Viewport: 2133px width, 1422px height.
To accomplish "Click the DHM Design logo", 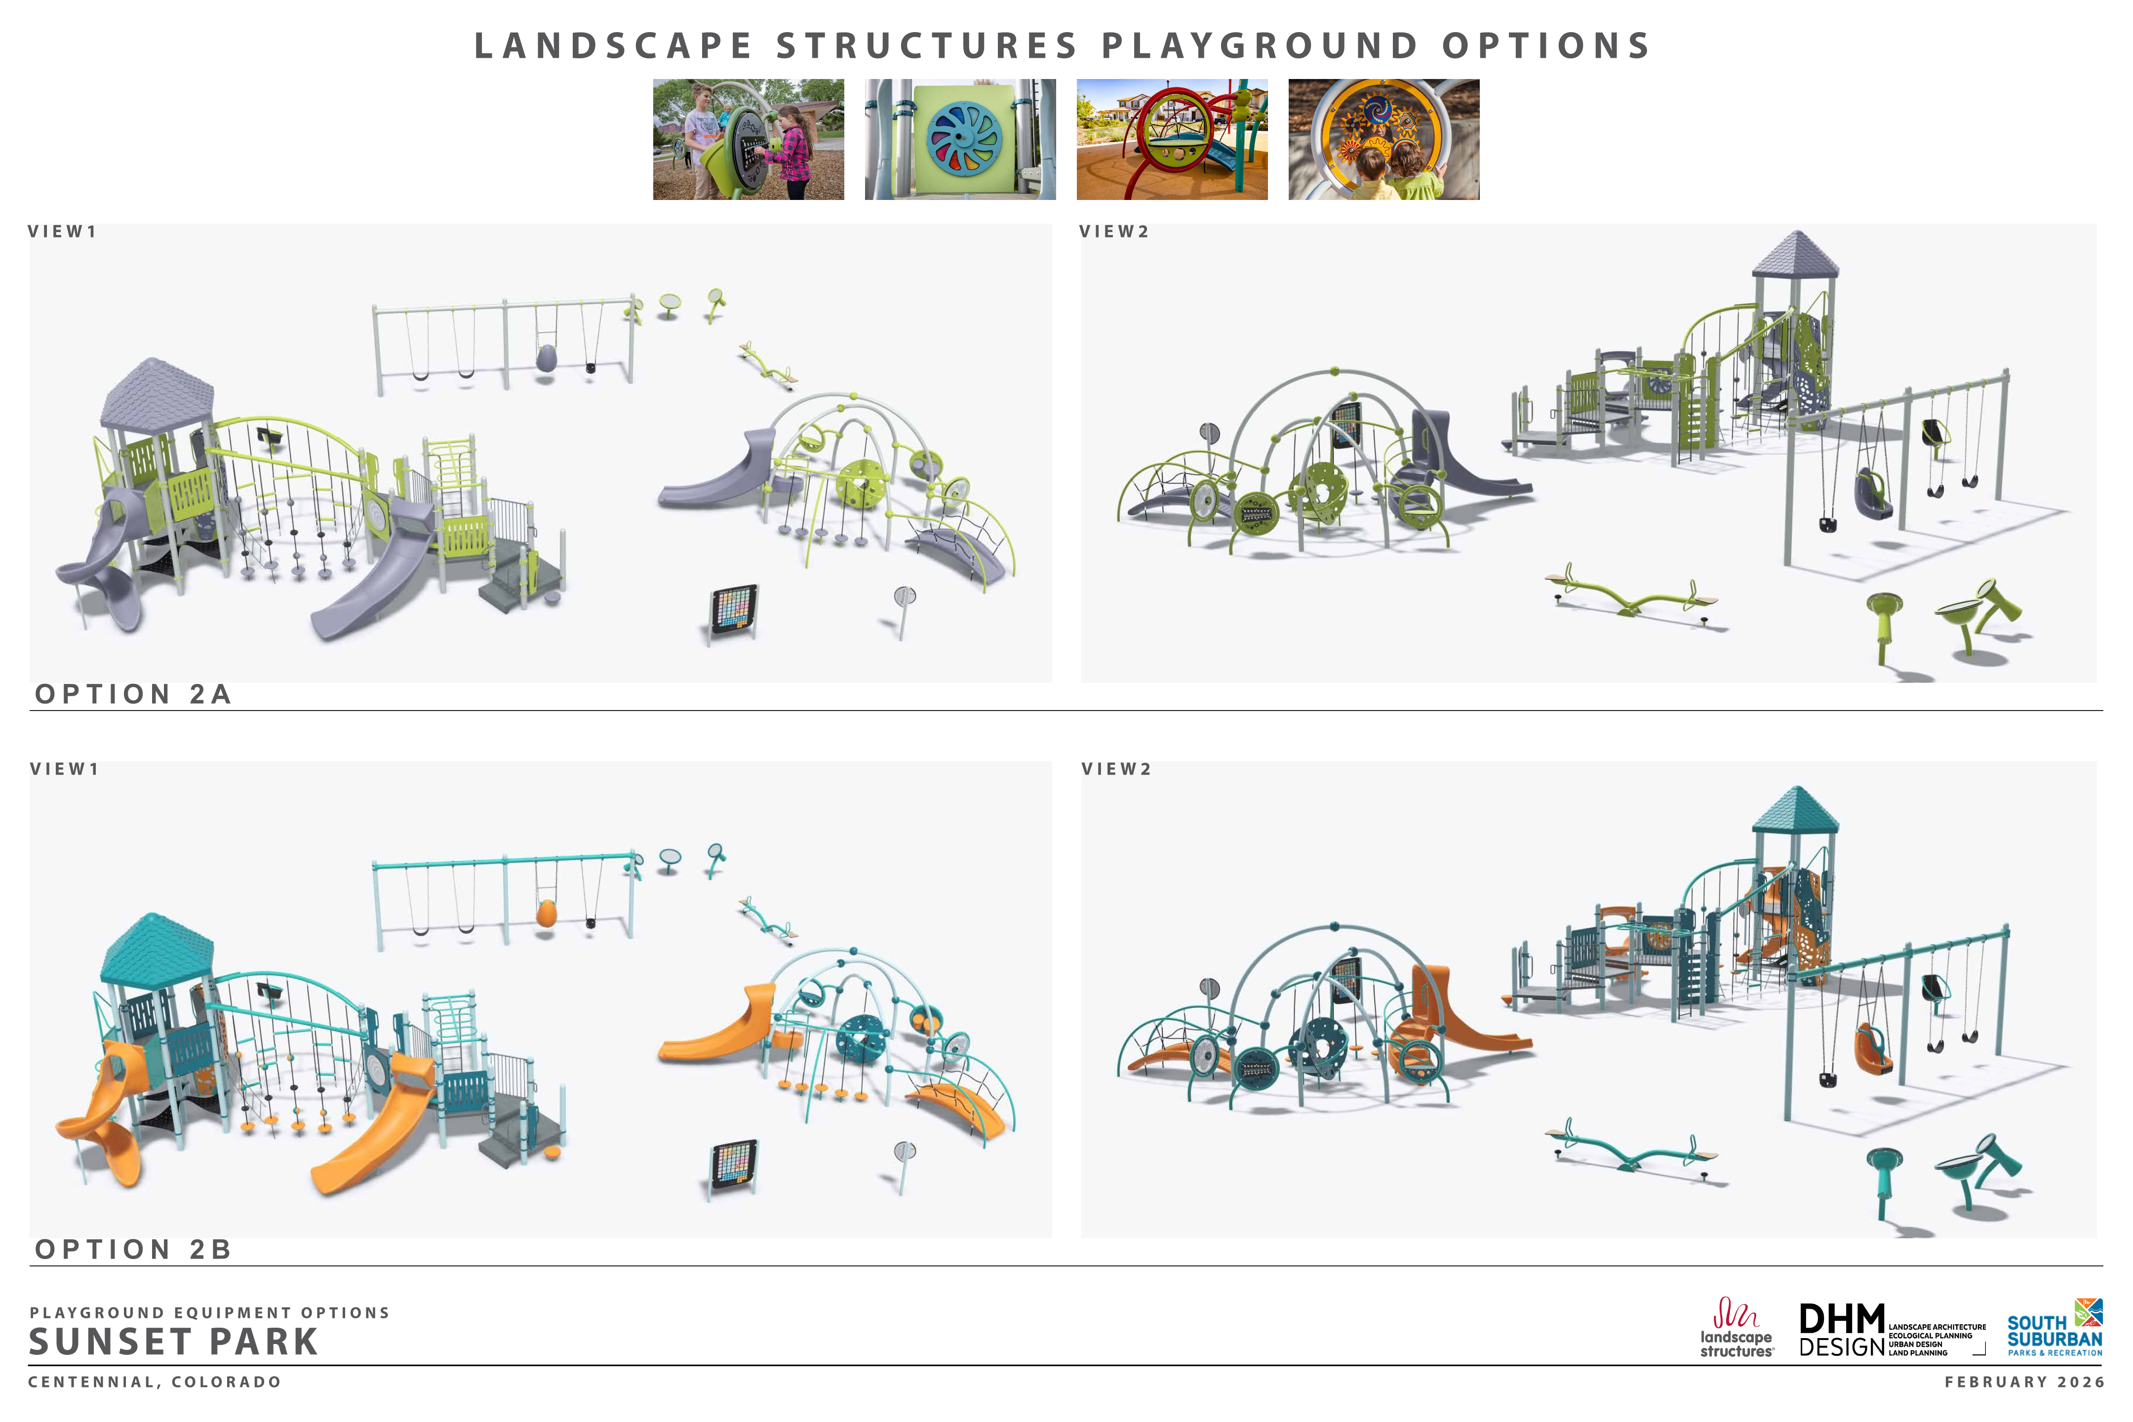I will (x=1891, y=1330).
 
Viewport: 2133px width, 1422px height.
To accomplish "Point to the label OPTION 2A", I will (x=133, y=695).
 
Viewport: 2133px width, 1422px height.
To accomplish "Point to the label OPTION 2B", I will (x=133, y=1250).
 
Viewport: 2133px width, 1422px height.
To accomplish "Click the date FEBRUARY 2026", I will (x=2024, y=1382).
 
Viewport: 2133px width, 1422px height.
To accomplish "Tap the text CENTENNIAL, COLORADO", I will (x=155, y=1382).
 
